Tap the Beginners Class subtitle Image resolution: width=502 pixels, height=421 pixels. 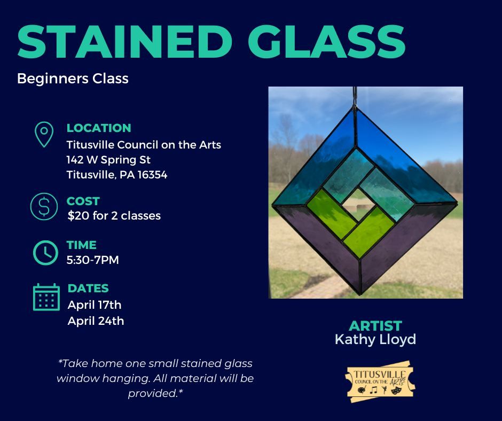click(x=73, y=79)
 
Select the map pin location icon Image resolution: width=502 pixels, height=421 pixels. click(x=43, y=134)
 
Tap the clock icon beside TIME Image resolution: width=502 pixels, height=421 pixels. click(x=45, y=252)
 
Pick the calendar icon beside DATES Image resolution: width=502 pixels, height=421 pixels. click(x=46, y=297)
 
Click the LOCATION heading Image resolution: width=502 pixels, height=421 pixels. click(x=99, y=128)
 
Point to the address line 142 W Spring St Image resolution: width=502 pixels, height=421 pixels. click(x=108, y=160)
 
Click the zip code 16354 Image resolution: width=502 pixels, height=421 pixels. click(x=152, y=175)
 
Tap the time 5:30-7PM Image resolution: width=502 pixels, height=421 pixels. click(x=93, y=261)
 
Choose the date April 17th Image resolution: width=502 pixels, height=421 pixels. click(x=95, y=305)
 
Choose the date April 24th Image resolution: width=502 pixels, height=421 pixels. click(x=96, y=321)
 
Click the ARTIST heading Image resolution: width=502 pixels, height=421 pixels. click(x=375, y=326)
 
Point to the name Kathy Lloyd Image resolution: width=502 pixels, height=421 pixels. click(x=375, y=340)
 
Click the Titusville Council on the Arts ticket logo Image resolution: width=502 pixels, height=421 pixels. click(x=380, y=381)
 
